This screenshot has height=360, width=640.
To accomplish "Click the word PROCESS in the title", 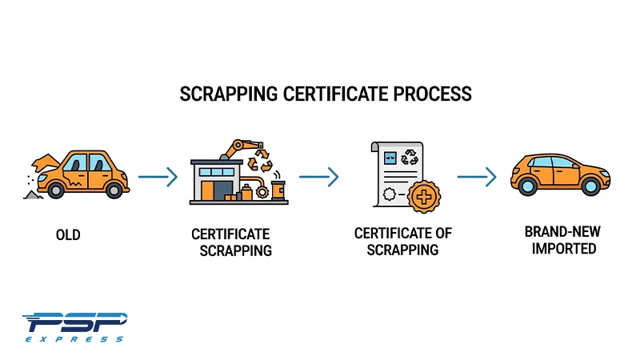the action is coord(432,94).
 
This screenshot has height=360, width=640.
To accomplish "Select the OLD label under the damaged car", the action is coord(68,235).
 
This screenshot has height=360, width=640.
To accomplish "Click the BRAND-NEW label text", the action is coord(562,232).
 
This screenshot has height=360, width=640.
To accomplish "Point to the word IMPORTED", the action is coord(564,249).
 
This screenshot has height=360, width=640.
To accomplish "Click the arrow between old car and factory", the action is coord(158,177).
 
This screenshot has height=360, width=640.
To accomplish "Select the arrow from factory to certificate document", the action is coord(318,177).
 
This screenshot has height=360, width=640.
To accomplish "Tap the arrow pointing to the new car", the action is coord(477,177).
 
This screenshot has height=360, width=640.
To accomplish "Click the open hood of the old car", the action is coord(44,163).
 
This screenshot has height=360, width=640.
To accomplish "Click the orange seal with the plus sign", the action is coord(424,197).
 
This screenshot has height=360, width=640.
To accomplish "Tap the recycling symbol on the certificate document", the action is coord(410,157).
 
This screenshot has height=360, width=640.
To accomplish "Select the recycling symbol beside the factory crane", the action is coord(260,161).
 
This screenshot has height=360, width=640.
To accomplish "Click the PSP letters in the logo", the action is coord(75,322).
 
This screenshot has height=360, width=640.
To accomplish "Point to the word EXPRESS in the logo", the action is coord(74,339).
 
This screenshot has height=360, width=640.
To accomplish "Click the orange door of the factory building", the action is coord(207,190).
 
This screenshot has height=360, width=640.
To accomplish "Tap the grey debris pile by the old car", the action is coord(34,195).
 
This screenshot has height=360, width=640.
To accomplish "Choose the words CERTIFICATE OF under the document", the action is coord(403,234).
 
